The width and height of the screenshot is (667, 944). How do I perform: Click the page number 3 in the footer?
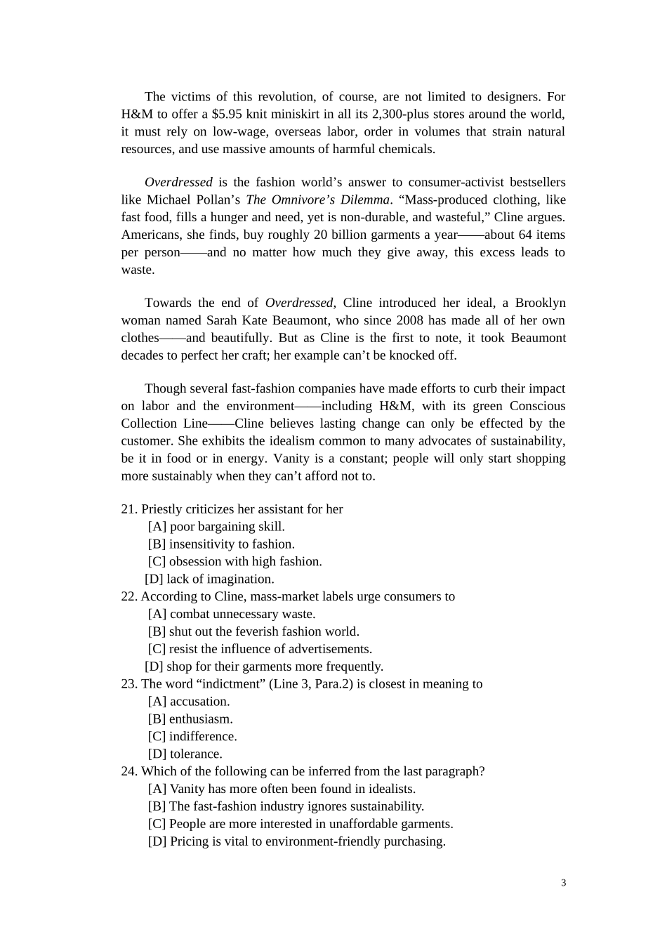[x=563, y=883]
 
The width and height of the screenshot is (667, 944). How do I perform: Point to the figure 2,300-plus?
[x=402, y=114]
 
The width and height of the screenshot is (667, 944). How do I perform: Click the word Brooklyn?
[x=540, y=303]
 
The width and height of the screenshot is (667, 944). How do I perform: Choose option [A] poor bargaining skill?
[x=216, y=527]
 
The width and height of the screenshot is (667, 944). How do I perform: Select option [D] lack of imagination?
[x=209, y=579]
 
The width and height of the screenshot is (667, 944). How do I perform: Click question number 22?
[x=128, y=596]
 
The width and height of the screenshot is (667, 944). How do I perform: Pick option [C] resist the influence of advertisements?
[x=260, y=649]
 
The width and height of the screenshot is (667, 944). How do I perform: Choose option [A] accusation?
[x=189, y=702]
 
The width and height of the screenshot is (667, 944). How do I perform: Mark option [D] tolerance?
[x=185, y=754]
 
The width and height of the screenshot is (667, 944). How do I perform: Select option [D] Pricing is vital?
[x=296, y=841]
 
